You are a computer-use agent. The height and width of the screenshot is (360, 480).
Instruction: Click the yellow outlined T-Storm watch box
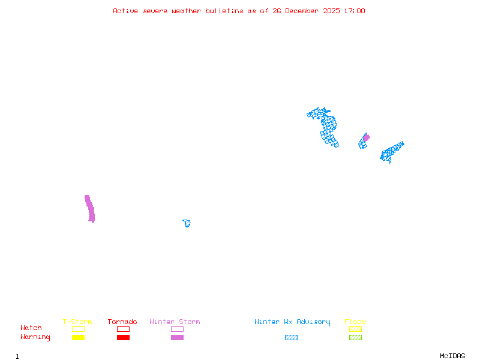click(78, 329)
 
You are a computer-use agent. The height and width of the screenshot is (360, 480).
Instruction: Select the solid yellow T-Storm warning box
click(78, 337)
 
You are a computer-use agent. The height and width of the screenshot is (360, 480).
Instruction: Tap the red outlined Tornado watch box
click(123, 329)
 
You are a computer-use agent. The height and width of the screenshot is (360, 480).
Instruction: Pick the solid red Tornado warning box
click(123, 337)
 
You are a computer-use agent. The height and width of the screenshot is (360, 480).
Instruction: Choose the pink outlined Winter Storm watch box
click(177, 329)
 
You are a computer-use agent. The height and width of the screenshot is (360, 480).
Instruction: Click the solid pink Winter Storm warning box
click(177, 337)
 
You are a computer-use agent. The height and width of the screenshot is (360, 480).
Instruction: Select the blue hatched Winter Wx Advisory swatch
click(291, 337)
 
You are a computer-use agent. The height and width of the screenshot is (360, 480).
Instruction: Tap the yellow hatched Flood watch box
click(355, 329)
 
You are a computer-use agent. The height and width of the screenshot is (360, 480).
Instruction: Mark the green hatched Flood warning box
click(355, 337)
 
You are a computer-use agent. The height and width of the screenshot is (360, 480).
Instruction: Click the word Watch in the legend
click(31, 328)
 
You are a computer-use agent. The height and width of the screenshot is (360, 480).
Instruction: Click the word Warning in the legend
click(35, 337)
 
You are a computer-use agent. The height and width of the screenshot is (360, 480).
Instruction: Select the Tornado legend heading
click(122, 322)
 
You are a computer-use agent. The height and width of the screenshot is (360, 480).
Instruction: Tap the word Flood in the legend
click(355, 322)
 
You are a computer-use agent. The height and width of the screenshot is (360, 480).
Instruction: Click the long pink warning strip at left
click(90, 209)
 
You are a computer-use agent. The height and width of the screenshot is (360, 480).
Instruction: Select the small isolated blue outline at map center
click(187, 223)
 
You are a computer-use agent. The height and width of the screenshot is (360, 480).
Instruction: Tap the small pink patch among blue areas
click(366, 137)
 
